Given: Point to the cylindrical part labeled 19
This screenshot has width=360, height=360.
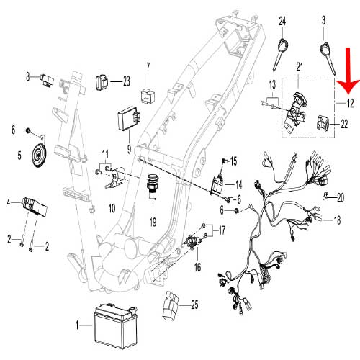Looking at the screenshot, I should [153, 192].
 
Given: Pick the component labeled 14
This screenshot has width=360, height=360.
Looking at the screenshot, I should [217, 186].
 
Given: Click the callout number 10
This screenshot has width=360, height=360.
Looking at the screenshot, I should [112, 209].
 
